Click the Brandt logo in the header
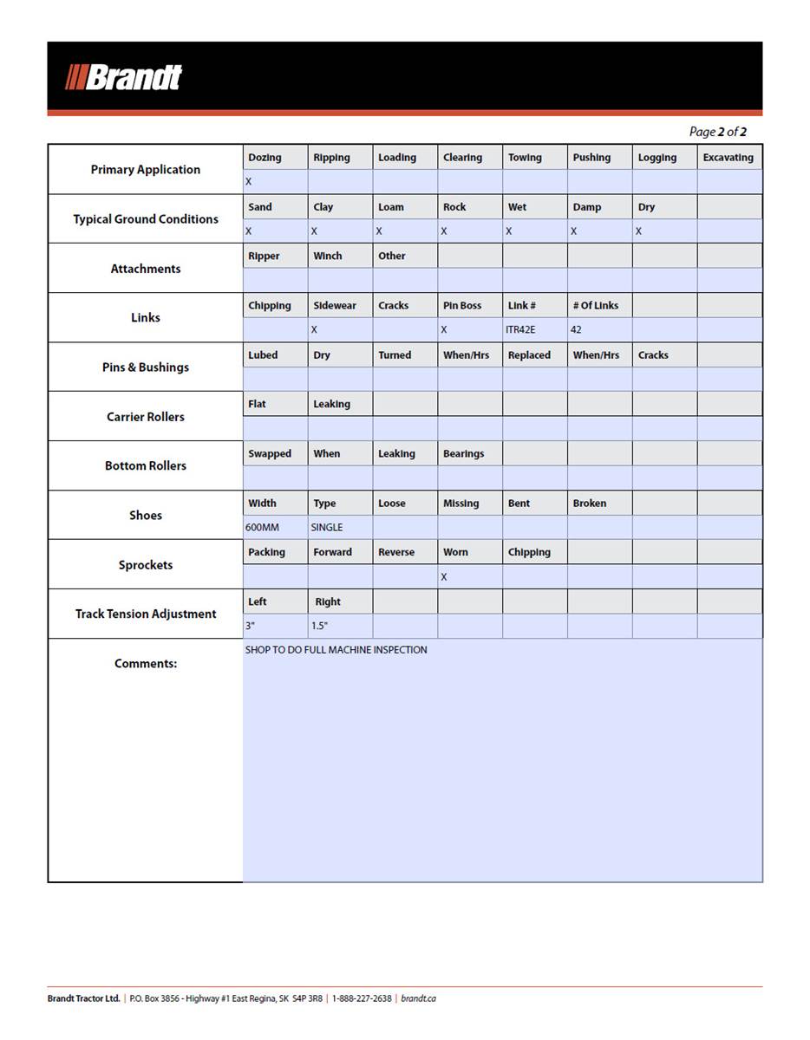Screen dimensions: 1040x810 click(x=124, y=77)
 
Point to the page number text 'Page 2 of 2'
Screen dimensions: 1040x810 click(x=717, y=132)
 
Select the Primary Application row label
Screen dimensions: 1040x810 click(x=145, y=170)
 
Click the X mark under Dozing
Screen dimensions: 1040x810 click(x=248, y=182)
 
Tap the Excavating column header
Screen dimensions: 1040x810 click(x=728, y=158)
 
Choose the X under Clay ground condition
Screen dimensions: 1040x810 click(x=314, y=231)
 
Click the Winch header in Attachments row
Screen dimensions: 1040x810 click(x=328, y=257)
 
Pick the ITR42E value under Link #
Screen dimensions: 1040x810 click(x=521, y=330)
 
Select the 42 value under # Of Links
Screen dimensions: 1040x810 click(x=576, y=330)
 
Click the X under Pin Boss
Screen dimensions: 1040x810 click(x=444, y=330)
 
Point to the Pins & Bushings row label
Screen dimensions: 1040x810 click(x=145, y=367)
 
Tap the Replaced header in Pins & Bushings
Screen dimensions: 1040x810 click(x=529, y=355)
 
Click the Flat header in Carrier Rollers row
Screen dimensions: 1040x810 click(x=257, y=405)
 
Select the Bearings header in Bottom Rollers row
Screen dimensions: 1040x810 click(x=463, y=454)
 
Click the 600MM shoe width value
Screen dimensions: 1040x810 click(x=262, y=527)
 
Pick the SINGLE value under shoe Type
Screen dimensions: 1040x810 click(x=327, y=527)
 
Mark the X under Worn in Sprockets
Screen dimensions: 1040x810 click(x=444, y=577)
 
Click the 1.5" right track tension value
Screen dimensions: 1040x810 click(x=320, y=626)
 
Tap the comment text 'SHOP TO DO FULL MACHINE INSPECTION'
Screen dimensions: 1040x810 click(x=336, y=650)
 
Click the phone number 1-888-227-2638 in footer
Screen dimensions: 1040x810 click(x=362, y=998)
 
